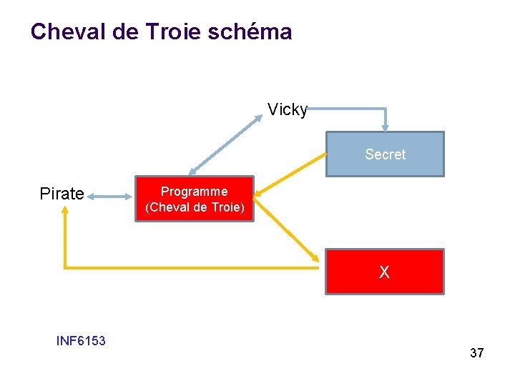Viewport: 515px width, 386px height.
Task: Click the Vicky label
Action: coord(288,109)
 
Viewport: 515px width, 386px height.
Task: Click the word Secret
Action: coord(385,154)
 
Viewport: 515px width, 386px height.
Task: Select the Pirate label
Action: coord(62,194)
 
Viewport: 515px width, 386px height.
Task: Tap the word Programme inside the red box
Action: coord(195,192)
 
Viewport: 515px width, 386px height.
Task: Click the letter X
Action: coord(385,272)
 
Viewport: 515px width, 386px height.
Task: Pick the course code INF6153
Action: coord(81,341)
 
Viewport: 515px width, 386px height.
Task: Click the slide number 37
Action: coord(476,353)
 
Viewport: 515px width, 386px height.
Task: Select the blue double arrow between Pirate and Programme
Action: coord(111,194)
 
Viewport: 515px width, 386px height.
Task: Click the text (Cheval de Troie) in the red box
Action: coord(195,208)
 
